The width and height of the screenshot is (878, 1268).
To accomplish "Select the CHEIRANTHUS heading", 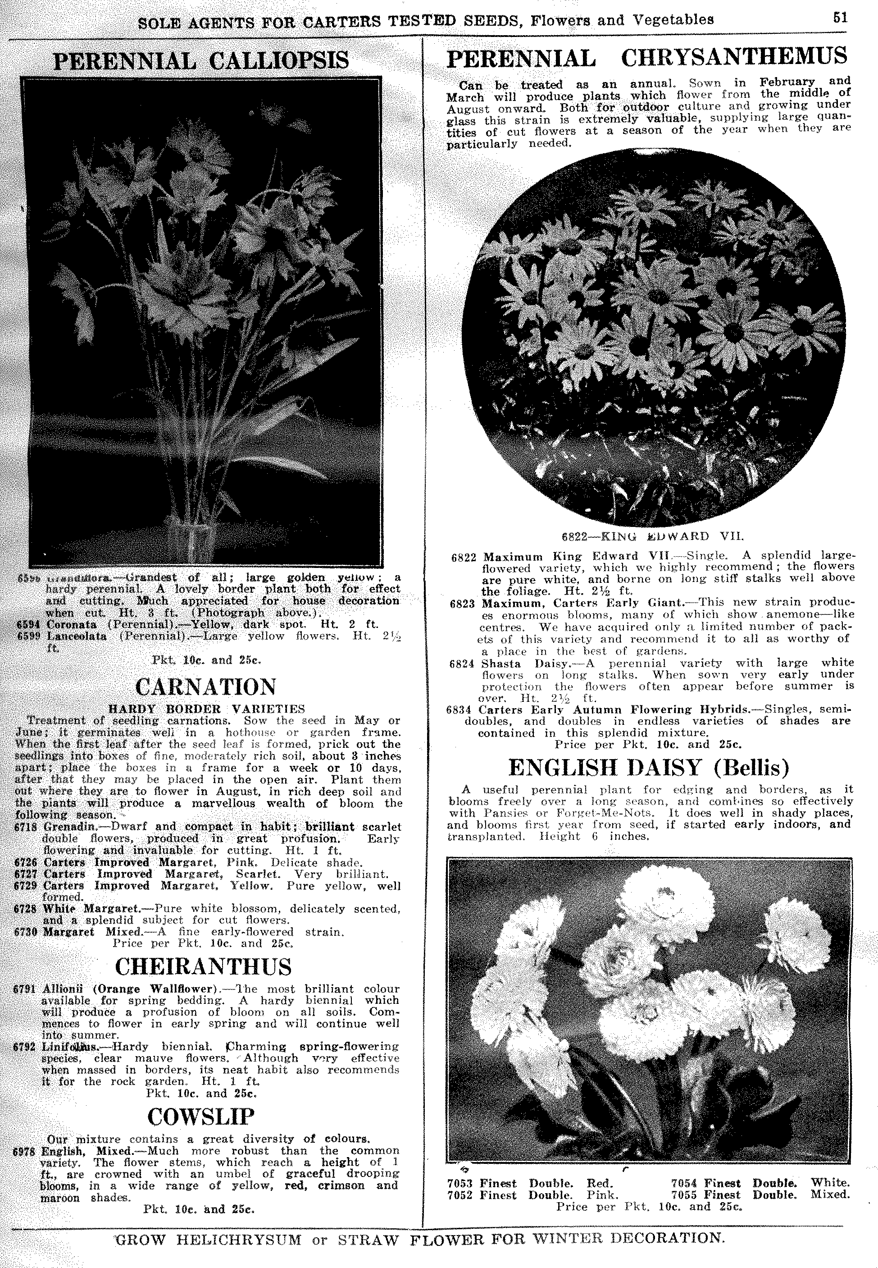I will [204, 967].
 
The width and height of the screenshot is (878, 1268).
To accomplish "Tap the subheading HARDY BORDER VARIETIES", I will [206, 709].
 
